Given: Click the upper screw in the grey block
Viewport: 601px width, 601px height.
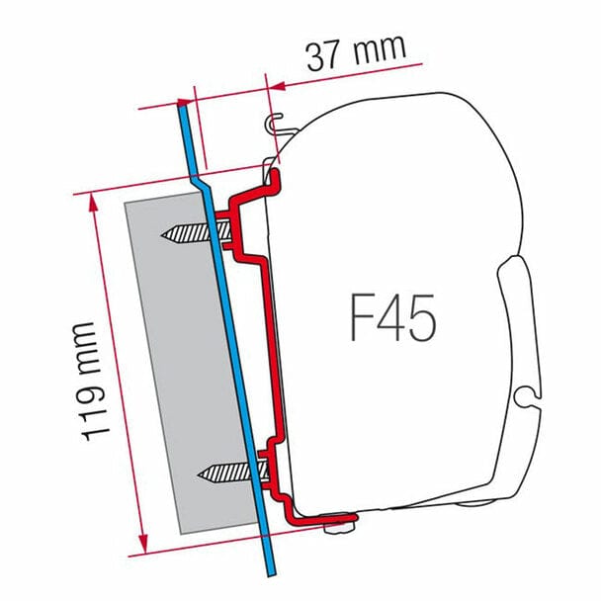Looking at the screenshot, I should pyautogui.click(x=193, y=235).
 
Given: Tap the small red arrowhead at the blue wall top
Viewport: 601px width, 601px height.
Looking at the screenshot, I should pyautogui.click(x=189, y=103).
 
